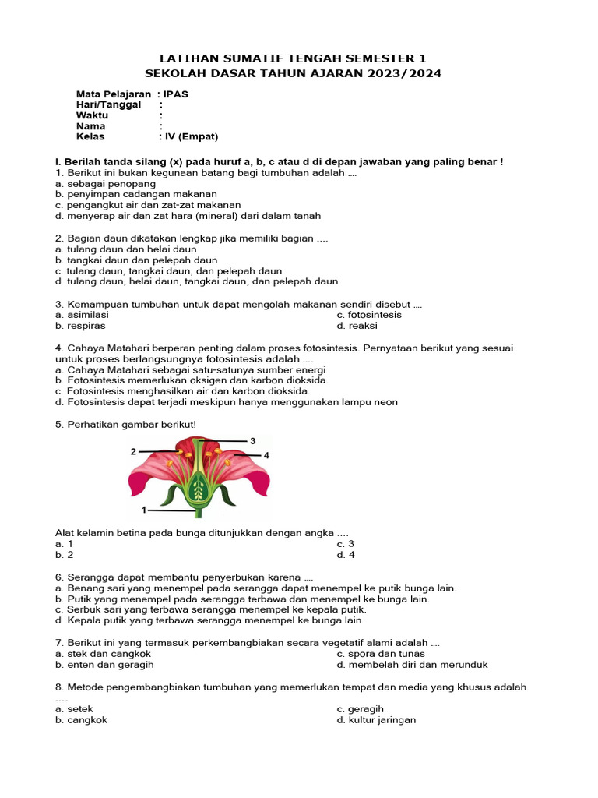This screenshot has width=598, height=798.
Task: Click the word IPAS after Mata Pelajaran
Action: [176, 94]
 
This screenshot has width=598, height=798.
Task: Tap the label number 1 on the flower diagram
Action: [144, 510]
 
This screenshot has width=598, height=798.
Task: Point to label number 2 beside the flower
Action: [134, 451]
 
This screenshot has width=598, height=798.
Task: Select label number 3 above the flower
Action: [252, 441]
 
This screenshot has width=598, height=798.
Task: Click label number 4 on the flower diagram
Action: [266, 455]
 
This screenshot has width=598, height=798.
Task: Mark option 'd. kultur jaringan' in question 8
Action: [376, 720]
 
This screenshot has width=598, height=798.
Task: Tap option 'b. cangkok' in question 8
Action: [81, 720]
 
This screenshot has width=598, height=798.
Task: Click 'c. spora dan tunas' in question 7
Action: [381, 654]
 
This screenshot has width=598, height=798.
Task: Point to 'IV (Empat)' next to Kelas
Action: [192, 136]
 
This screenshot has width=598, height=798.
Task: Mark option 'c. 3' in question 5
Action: [345, 544]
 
